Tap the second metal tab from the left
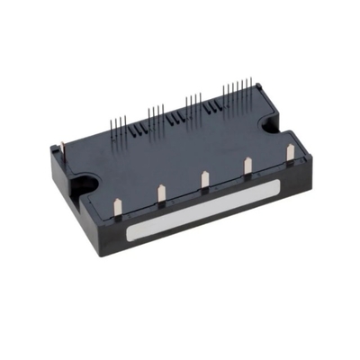(x=160, y=193)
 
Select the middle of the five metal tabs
(x=205, y=179)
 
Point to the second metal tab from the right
(x=248, y=166)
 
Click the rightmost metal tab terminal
(x=290, y=153)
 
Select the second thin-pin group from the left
(x=157, y=113)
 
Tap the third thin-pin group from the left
(x=195, y=102)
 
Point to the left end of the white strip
(x=131, y=235)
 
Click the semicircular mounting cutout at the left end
(x=80, y=185)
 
